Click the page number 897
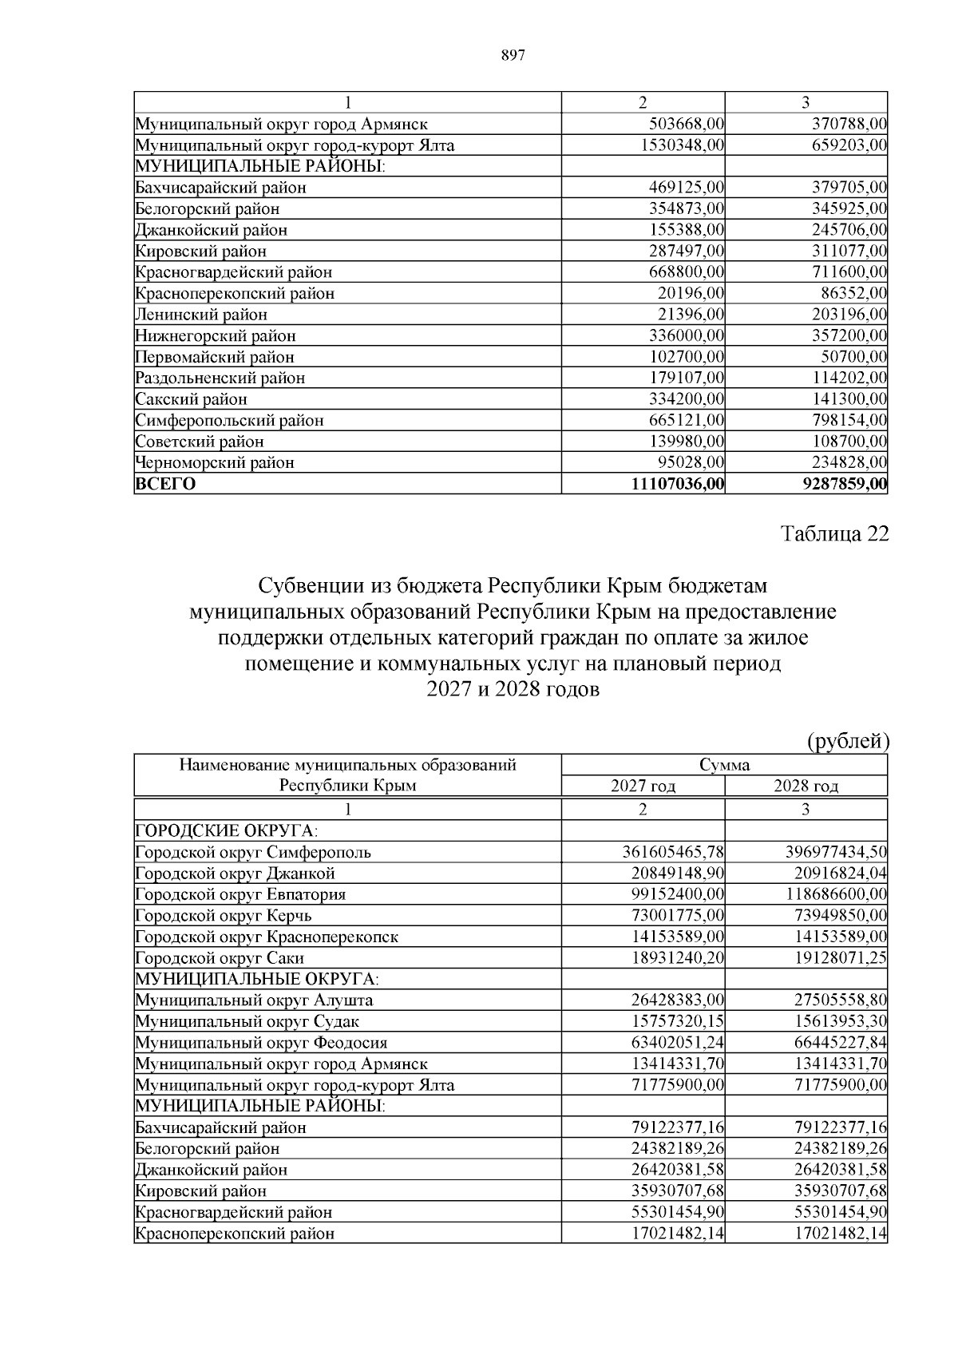point(512,55)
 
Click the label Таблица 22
point(834,534)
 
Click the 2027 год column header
point(643,786)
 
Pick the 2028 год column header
point(806,786)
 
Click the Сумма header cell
point(724,765)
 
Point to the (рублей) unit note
point(849,741)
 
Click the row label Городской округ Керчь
point(224,916)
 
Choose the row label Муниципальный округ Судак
point(247,1021)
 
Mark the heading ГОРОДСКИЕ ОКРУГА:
point(216,830)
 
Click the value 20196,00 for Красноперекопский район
point(691,293)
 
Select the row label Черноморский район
point(215,462)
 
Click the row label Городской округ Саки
point(220,958)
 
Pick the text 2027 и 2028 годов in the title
point(512,689)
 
